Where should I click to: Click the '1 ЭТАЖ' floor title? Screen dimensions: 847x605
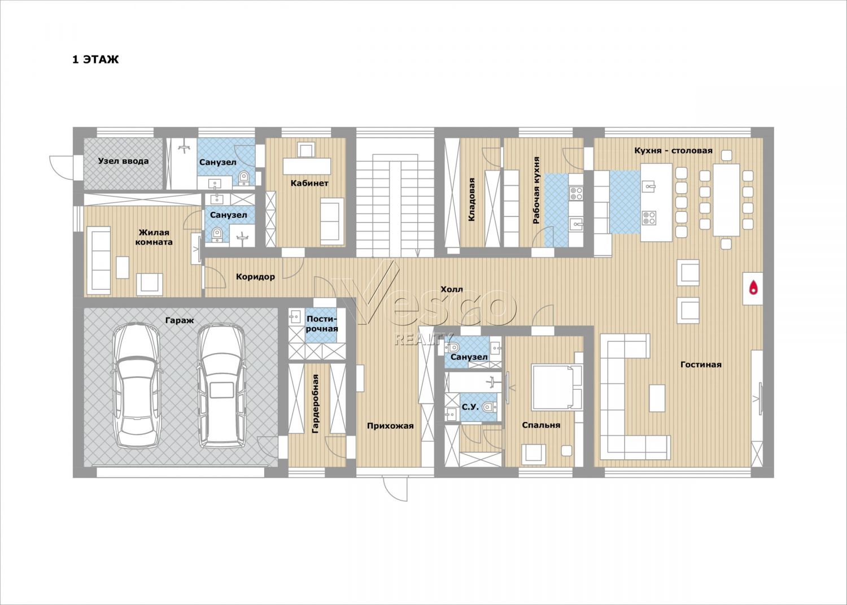[x=95, y=60]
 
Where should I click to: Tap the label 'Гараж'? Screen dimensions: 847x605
[x=180, y=320]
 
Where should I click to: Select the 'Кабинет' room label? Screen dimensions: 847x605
[x=309, y=184]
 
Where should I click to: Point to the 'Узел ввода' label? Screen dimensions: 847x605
[x=123, y=161]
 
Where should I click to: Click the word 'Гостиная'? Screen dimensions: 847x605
[x=701, y=364]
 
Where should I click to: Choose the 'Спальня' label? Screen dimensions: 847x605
[x=541, y=425]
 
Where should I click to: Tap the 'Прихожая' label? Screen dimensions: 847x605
[x=390, y=426]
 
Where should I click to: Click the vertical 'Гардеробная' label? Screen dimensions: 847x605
[x=315, y=404]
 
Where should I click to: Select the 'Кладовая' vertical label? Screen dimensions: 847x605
[x=471, y=199]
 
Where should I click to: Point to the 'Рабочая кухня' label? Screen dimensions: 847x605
[x=536, y=191]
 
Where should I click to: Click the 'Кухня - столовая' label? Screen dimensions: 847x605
[x=674, y=151]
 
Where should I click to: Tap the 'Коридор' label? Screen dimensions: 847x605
[x=255, y=277]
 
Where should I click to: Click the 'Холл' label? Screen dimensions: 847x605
[x=452, y=289]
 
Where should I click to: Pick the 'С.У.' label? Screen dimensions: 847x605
[x=470, y=407]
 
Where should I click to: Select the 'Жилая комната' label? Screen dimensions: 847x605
[x=154, y=237]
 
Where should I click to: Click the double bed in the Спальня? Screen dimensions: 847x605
[x=557, y=387]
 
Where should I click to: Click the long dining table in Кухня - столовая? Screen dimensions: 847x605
[x=726, y=200]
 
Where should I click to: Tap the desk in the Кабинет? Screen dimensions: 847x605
[x=307, y=167]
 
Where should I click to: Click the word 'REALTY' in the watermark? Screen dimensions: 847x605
[x=423, y=340]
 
